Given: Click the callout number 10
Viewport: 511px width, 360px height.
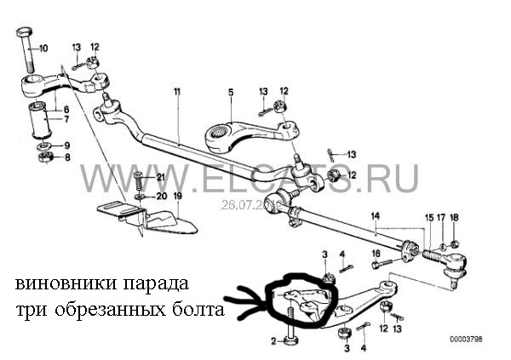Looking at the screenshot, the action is (43, 47).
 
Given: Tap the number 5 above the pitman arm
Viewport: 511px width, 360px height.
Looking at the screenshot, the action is (230, 90).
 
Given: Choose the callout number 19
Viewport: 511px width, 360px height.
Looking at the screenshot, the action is (177, 197).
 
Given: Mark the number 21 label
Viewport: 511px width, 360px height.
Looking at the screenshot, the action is (158, 176).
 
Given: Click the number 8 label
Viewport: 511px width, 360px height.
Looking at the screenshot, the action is (68, 157).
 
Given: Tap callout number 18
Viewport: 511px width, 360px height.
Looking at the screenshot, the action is (454, 218).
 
